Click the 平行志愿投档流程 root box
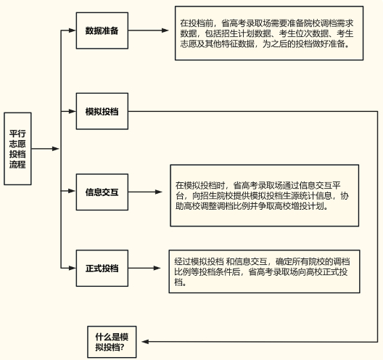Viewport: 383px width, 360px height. click(17, 149)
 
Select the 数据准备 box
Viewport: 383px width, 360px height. click(102, 31)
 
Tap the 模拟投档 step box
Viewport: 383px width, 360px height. click(102, 112)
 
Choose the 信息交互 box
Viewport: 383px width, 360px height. click(102, 192)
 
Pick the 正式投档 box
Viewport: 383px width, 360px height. click(102, 268)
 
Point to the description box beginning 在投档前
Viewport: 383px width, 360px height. click(268, 33)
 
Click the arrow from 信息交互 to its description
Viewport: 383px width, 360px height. click(147, 192)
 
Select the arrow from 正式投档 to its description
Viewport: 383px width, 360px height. click(147, 268)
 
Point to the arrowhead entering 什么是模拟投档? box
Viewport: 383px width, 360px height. click(144, 341)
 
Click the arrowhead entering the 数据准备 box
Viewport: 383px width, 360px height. click(72, 31)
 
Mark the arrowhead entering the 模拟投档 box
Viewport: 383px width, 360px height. click(72, 112)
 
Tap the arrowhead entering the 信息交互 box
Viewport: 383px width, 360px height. click(72, 192)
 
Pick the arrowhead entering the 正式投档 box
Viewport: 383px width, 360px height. click(72, 268)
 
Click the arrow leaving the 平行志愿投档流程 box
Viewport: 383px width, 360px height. click(46, 149)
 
